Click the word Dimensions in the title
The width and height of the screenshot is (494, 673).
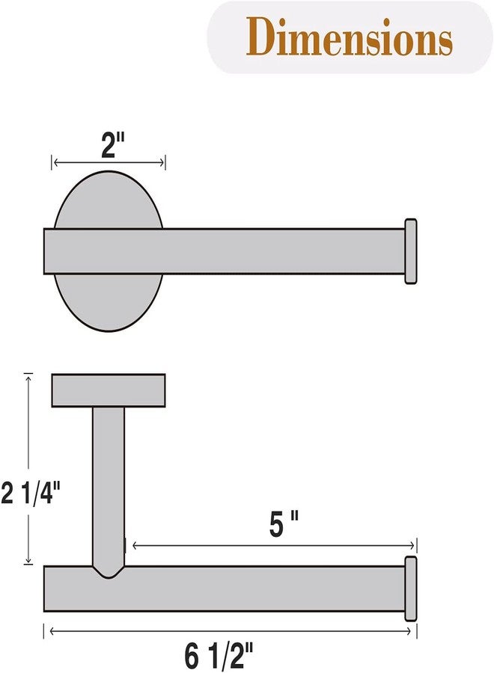click(x=350, y=36)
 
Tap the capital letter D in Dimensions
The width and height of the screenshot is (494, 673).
click(x=261, y=36)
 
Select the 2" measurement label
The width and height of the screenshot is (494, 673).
click(x=112, y=144)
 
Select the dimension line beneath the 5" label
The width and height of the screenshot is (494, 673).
click(x=269, y=547)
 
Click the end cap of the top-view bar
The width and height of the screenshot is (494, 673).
click(x=410, y=251)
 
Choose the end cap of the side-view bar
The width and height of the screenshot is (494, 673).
click(x=410, y=589)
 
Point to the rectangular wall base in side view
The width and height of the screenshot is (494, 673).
click(x=109, y=390)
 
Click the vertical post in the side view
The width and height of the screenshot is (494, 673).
click(x=109, y=479)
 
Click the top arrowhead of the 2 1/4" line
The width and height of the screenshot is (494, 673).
click(x=29, y=377)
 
